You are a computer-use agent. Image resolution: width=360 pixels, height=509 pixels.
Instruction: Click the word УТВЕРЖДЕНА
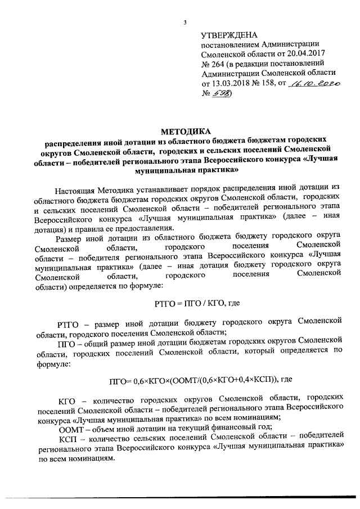tap(229, 35)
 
